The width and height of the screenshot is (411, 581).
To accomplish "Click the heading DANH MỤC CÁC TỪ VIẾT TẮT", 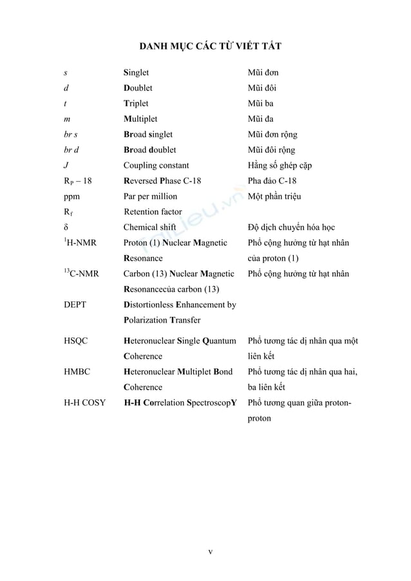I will coord(210,47).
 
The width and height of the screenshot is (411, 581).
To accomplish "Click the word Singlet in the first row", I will coord(136,73).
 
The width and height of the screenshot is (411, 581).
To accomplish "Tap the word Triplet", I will coord(136,103).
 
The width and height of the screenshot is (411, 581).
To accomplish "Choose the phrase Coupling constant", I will coord(156,166).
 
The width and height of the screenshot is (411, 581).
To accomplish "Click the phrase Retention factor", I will coord(153,211).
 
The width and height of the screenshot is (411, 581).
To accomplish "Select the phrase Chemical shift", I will coord(149,227).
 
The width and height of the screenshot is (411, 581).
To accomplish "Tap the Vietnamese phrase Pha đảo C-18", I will coord(272,180).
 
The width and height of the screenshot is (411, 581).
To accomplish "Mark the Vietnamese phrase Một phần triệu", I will coord(274,196).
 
